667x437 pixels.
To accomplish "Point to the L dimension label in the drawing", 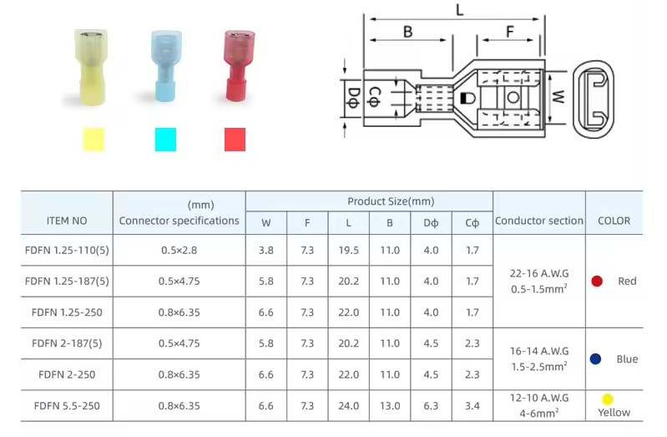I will [459, 10].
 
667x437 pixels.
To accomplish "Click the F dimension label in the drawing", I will [509, 32].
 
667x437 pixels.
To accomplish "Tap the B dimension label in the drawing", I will [407, 32].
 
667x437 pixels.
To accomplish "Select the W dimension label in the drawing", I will [558, 97].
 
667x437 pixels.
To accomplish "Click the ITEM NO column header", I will [67, 221].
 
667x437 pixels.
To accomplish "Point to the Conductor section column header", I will [538, 221].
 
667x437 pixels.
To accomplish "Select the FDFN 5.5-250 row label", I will [67, 406].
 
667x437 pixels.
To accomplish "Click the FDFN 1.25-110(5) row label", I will [67, 250].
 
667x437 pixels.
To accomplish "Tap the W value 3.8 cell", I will [265, 250].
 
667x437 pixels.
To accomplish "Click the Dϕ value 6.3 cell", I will [431, 406].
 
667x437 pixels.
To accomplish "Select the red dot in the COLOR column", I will [597, 282].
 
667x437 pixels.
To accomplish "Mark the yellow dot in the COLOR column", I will [608, 399].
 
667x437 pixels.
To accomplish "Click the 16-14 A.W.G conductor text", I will [538, 351].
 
